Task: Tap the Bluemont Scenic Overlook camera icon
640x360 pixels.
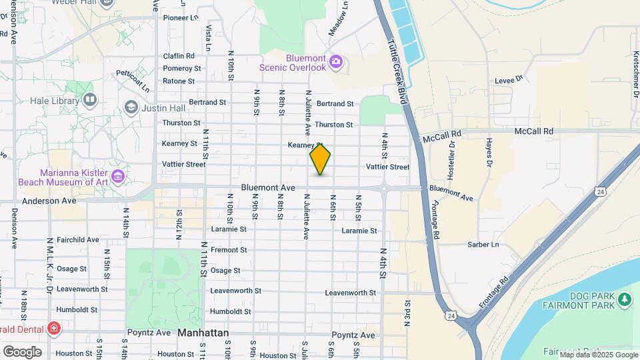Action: (x=335, y=62)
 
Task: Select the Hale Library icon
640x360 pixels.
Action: (x=90, y=100)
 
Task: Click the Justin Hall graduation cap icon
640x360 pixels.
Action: (x=131, y=107)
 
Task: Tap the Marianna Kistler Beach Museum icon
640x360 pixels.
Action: (x=118, y=176)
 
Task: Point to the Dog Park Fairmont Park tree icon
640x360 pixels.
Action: (x=625, y=300)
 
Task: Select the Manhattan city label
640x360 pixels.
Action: (x=203, y=332)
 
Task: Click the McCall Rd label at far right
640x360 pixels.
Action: (x=534, y=132)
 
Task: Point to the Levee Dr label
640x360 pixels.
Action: (x=505, y=81)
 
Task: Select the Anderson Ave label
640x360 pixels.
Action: (x=49, y=200)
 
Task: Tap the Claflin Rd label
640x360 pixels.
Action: (x=179, y=56)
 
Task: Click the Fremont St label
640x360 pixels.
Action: (x=229, y=250)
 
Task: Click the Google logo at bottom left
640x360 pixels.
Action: (x=21, y=351)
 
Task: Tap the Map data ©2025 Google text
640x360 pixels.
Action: (x=598, y=355)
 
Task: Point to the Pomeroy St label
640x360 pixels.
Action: (x=182, y=69)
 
